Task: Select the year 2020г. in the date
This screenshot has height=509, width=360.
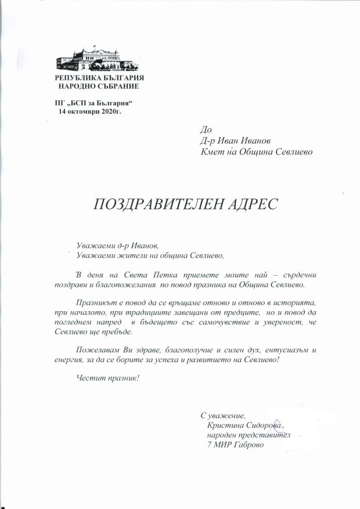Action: pos(112,111)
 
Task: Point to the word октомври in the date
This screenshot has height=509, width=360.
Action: pos(84,111)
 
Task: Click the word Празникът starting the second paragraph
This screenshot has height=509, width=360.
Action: pos(96,302)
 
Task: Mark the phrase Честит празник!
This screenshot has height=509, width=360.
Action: pos(108,378)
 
